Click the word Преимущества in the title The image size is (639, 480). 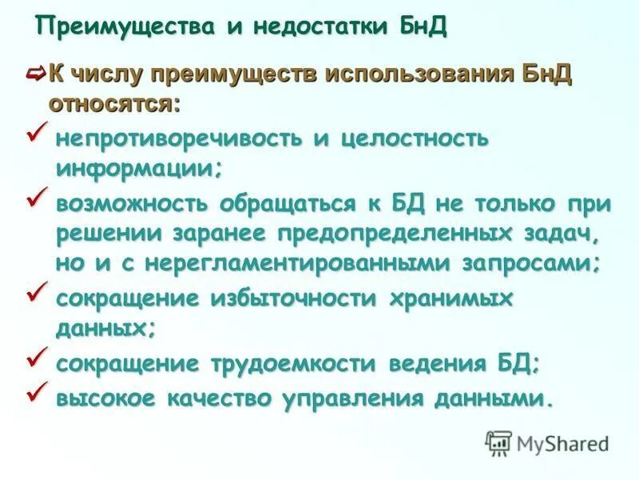click(x=126, y=26)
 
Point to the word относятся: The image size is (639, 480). click(x=115, y=104)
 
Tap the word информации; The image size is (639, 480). click(x=138, y=169)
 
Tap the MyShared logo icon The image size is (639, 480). click(x=498, y=442)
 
